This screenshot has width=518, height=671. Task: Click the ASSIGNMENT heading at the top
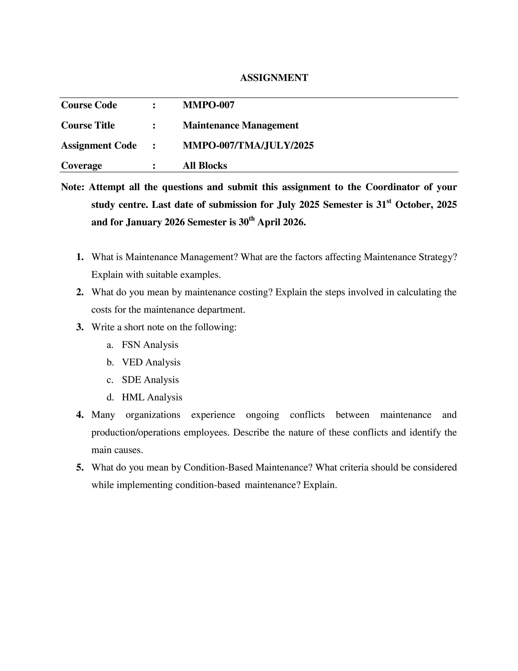(x=274, y=78)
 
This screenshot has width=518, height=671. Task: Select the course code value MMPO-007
(x=208, y=105)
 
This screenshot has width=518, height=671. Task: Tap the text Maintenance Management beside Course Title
(x=240, y=125)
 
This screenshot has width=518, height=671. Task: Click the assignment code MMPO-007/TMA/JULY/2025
(x=248, y=145)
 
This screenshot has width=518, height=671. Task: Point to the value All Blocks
(x=205, y=166)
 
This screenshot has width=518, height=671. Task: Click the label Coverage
(x=81, y=166)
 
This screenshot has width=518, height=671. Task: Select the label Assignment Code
(x=99, y=145)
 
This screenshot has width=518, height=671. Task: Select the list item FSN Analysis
(x=150, y=345)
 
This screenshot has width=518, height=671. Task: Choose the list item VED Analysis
(x=151, y=362)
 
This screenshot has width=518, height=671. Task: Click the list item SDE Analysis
(x=150, y=380)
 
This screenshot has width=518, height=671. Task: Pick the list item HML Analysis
(x=152, y=397)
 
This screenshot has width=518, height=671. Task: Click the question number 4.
(x=80, y=415)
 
